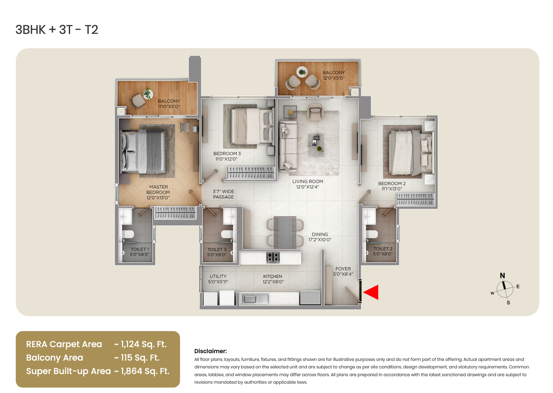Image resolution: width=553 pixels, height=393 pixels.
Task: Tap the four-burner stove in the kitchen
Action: pyautogui.click(x=273, y=257)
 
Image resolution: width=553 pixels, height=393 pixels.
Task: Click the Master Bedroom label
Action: pyautogui.click(x=158, y=192)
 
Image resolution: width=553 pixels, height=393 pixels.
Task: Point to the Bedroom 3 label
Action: pyautogui.click(x=227, y=156)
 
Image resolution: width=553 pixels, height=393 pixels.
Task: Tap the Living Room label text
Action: pyautogui.click(x=308, y=184)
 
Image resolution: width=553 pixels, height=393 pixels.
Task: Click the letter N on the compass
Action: pyautogui.click(x=503, y=276)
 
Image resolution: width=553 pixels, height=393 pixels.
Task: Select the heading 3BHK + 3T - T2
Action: pyautogui.click(x=57, y=30)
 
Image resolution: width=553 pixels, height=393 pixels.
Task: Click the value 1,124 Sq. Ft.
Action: pyautogui.click(x=143, y=344)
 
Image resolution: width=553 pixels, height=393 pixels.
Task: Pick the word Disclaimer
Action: pyautogui.click(x=210, y=351)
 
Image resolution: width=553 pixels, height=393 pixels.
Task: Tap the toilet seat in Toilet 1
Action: pyautogui.click(x=128, y=234)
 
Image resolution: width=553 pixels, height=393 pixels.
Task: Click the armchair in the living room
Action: pyautogui.click(x=315, y=112)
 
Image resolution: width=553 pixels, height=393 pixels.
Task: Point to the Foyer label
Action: pyautogui.click(x=343, y=271)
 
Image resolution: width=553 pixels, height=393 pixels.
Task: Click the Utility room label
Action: pyautogui.click(x=218, y=279)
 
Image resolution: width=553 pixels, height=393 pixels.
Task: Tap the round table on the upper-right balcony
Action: pyautogui.click(x=302, y=72)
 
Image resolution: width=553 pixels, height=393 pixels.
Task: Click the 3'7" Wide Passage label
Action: pyautogui.click(x=223, y=194)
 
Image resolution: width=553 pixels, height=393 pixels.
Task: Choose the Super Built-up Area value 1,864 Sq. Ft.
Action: pyautogui.click(x=145, y=371)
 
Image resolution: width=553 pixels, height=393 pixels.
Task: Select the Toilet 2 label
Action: pyautogui.click(x=383, y=252)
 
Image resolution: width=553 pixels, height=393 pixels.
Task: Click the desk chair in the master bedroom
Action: pyautogui.click(x=185, y=127)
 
